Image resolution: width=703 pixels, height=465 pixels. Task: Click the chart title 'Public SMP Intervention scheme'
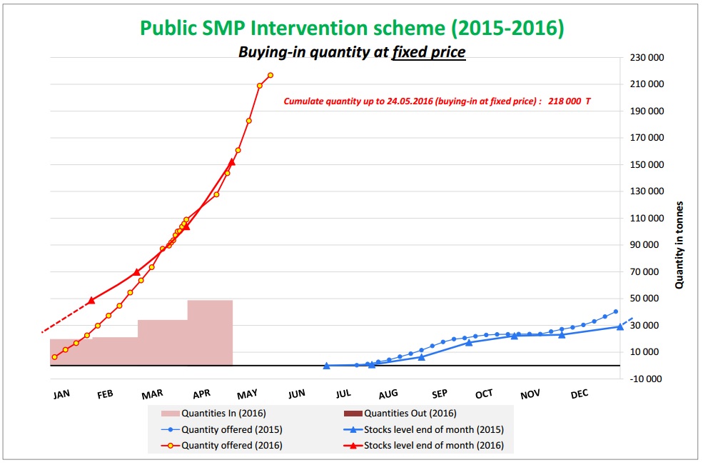(x=352, y=28)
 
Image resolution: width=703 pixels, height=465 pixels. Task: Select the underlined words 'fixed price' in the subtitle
(x=428, y=52)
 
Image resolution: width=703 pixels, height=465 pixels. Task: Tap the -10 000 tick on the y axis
(x=648, y=379)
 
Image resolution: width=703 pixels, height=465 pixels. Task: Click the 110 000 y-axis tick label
(x=647, y=219)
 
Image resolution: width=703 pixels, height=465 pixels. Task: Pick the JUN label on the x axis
(x=297, y=394)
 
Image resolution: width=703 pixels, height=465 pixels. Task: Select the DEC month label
(x=579, y=394)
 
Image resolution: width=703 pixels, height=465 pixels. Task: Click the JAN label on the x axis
(x=61, y=394)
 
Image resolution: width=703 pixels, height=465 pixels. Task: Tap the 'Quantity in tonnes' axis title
(x=679, y=244)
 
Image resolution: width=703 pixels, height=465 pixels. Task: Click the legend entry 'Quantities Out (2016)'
(x=410, y=413)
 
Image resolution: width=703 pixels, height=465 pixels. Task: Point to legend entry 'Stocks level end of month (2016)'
(x=433, y=446)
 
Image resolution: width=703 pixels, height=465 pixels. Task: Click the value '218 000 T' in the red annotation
(x=569, y=101)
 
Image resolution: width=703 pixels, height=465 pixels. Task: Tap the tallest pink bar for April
(x=210, y=332)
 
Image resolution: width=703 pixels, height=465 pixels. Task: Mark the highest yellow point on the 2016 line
(x=270, y=75)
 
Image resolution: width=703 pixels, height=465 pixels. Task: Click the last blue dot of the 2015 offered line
(x=615, y=311)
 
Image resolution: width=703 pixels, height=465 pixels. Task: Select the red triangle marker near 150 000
(x=231, y=162)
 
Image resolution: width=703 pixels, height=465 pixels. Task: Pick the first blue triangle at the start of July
(x=326, y=366)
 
